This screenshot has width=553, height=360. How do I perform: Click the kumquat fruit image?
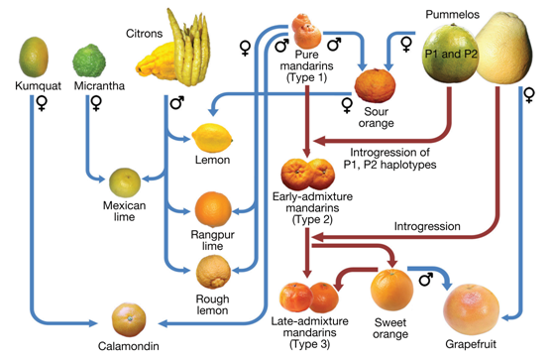(x=34, y=57)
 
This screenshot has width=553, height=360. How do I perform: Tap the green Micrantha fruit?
(x=89, y=60)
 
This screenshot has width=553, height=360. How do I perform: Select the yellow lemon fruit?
(x=212, y=138)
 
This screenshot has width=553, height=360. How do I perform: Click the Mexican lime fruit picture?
(x=125, y=182)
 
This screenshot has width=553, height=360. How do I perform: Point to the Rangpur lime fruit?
(x=213, y=209)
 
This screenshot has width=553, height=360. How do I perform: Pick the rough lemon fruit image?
(x=213, y=272)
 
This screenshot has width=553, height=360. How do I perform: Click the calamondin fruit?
(x=129, y=319)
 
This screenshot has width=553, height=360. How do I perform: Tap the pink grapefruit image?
(x=471, y=308)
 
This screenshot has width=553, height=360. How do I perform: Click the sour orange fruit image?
(x=375, y=85)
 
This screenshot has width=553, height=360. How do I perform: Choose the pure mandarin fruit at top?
(x=306, y=31)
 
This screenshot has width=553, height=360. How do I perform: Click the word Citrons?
(x=145, y=34)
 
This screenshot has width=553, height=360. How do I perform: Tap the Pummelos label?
(x=453, y=15)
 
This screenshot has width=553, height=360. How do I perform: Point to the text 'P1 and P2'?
(x=451, y=54)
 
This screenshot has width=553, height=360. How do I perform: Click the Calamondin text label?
(x=129, y=346)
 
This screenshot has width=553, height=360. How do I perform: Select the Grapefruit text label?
(x=471, y=344)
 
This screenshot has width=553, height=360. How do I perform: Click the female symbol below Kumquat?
(x=42, y=103)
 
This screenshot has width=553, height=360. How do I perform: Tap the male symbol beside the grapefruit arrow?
(x=426, y=279)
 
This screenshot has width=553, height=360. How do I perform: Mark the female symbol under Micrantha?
(x=96, y=103)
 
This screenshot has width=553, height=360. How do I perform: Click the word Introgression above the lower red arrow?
(x=427, y=226)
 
